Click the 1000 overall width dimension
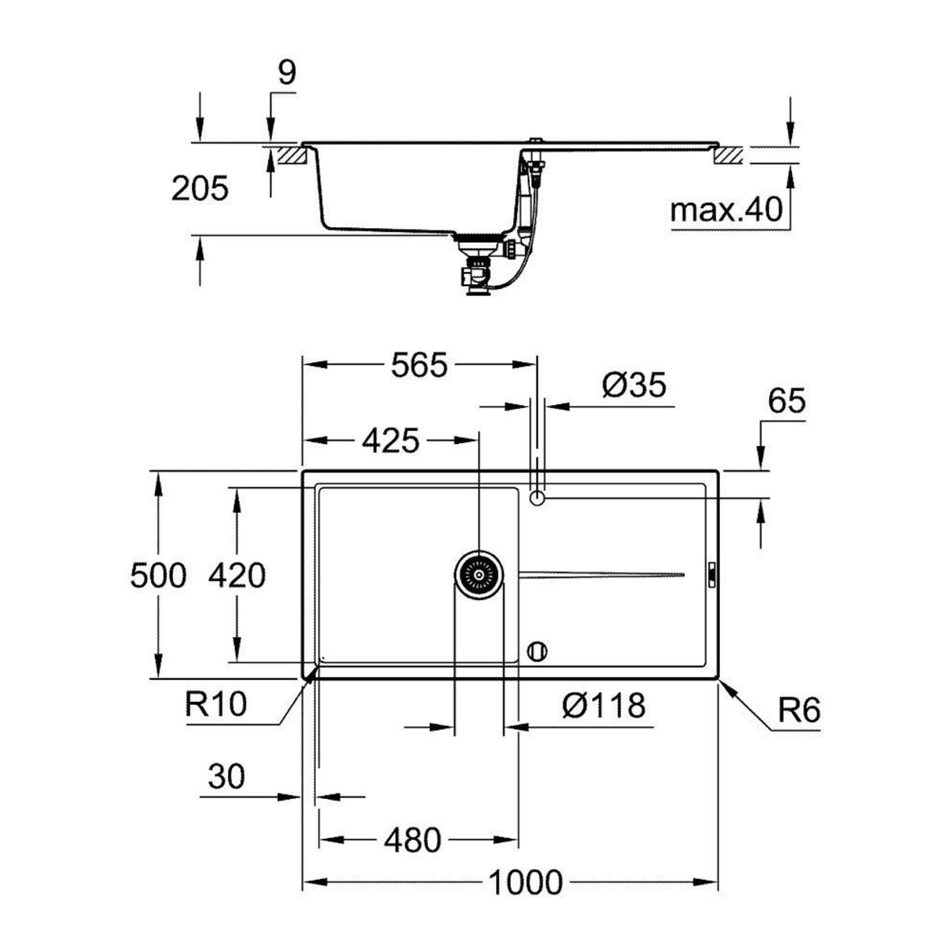tap(526, 883)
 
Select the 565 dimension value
tap(419, 365)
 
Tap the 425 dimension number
tap(389, 442)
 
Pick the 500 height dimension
tap(158, 576)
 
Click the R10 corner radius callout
tap(216, 704)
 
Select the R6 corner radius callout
tap(798, 711)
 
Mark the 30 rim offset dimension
tap(226, 777)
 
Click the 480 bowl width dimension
tap(413, 841)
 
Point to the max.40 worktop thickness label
tap(726, 209)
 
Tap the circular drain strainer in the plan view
tap(479, 576)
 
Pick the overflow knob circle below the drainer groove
tap(537, 650)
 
